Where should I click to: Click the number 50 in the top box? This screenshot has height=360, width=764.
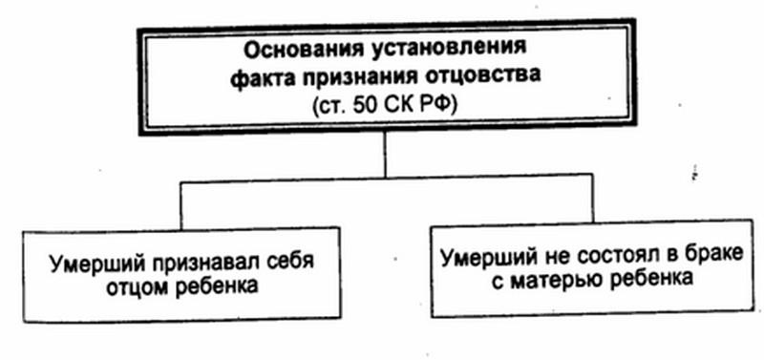pos(366,106)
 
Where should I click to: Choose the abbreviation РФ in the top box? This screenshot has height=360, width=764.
pos(434,106)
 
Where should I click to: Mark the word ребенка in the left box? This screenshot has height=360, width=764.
pos(216,286)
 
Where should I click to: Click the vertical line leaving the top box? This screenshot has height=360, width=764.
pos(385,155)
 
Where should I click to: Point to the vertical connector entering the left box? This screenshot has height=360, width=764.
pos(181,205)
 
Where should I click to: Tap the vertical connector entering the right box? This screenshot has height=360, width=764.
pos(592,200)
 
